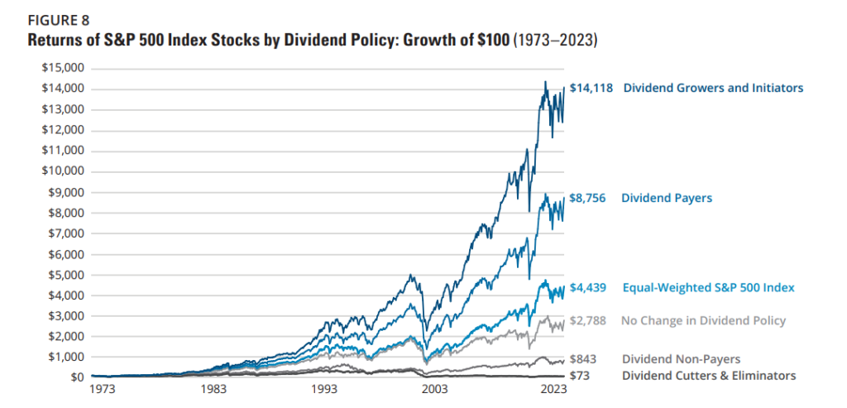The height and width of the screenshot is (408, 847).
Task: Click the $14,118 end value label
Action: (591, 88)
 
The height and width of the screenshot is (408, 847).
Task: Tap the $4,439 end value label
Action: (588, 288)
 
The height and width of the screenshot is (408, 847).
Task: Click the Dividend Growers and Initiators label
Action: (712, 88)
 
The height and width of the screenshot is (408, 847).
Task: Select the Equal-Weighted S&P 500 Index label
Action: (707, 288)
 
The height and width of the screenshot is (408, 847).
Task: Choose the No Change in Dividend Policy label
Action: (703, 320)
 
